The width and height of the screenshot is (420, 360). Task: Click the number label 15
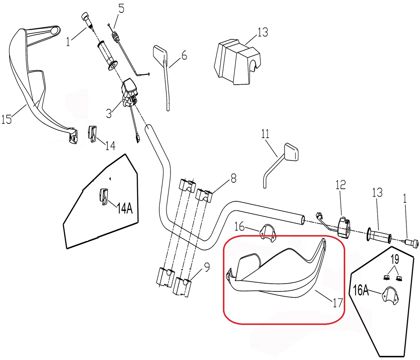pos(7,119)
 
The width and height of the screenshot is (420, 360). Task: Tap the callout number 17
pos(338,302)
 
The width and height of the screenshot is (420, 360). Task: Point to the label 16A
pos(361,290)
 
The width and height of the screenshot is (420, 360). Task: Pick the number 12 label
pos(341,185)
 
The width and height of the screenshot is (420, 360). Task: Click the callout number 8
pos(233,178)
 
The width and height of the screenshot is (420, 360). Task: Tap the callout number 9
pos(207,267)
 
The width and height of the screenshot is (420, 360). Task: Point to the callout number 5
pos(121,9)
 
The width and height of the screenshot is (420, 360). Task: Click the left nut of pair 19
pos(387,278)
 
